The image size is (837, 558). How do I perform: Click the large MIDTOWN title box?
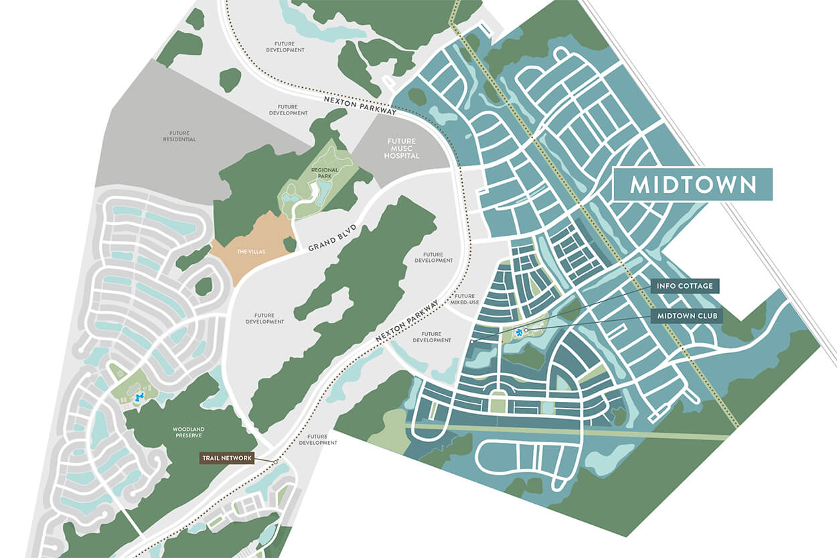point(693,184)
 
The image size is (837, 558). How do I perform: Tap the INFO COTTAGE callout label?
point(685,286)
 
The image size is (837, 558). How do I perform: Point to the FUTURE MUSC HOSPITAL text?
point(402,148)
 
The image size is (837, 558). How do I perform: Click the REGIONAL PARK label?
point(325,173)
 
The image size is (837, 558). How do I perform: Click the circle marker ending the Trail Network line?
point(275,461)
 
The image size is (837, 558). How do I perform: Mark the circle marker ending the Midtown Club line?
point(526,330)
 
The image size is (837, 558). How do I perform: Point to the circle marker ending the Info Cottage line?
point(472,342)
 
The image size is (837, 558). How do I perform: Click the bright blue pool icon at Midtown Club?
point(519,333)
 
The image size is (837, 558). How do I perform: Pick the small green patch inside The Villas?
point(289,245)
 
